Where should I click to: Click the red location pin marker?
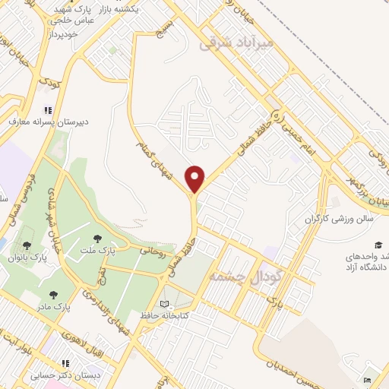tap(195, 179)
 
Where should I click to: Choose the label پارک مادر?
tap(52, 307)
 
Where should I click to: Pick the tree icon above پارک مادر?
tap(52, 294)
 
